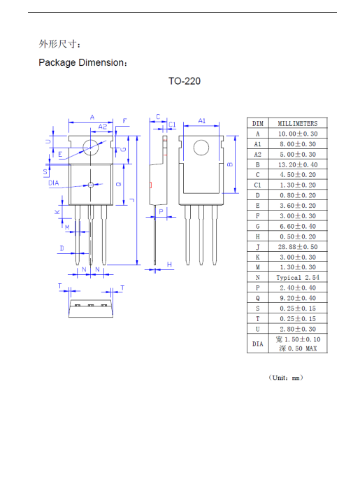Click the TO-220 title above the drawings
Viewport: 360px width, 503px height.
pyautogui.click(x=185, y=81)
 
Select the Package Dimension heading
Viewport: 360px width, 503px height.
pyautogui.click(x=83, y=63)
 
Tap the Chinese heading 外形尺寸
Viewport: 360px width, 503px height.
pyautogui.click(x=60, y=44)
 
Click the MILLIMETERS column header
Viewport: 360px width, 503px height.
pyautogui.click(x=297, y=123)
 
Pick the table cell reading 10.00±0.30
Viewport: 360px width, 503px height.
pyautogui.click(x=297, y=134)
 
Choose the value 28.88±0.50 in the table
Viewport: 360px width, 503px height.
pyautogui.click(x=297, y=247)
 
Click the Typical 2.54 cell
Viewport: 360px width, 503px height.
pyautogui.click(x=297, y=278)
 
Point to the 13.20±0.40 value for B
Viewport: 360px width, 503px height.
pyautogui.click(x=297, y=164)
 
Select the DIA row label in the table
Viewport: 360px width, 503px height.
pyautogui.click(x=257, y=343)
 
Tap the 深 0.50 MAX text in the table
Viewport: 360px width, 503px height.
pyautogui.click(x=297, y=348)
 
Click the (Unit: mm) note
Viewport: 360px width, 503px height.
pyautogui.click(x=285, y=378)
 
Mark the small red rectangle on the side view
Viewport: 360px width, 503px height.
pyautogui.click(x=150, y=185)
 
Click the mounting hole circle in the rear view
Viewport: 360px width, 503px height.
pyautogui.click(x=201, y=148)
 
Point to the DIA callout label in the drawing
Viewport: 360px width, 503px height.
pyautogui.click(x=54, y=183)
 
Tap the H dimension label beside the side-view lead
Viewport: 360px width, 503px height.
pyautogui.click(x=170, y=264)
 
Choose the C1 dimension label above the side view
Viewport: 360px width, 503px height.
pyautogui.click(x=172, y=125)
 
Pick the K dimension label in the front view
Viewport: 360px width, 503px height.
pyautogui.click(x=57, y=212)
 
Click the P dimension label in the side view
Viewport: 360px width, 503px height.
pyautogui.click(x=160, y=211)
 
